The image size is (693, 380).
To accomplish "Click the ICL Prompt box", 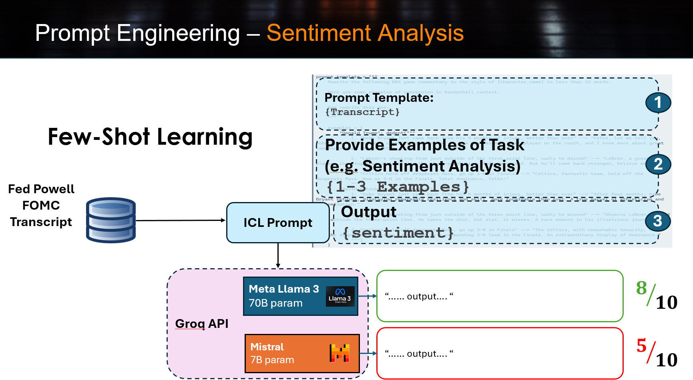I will point(278,222).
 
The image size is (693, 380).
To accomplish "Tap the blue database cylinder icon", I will point(111,220).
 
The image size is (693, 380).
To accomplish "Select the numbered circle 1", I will point(658,103).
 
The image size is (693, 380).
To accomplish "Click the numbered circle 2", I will point(658,164).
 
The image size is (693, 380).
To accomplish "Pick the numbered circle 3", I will point(657,221).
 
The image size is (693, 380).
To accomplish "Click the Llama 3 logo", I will point(340,296).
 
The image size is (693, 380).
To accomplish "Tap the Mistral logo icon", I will point(339,353).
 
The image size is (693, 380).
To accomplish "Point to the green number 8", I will point(641,288).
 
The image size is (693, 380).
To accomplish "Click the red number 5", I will point(641,346).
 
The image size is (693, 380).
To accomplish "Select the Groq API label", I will point(202,323).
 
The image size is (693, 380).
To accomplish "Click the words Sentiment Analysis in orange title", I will point(365,33).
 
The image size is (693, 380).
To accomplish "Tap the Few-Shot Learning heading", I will point(150,137).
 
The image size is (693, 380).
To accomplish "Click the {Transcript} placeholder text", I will point(362,112).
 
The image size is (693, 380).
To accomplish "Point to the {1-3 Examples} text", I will point(398,187).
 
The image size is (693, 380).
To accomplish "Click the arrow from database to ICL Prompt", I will point(180,220).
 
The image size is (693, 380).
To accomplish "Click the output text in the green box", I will point(419,297).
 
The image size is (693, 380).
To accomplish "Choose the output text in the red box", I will point(419,354).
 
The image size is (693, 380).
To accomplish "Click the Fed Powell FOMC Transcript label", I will point(41,205).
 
